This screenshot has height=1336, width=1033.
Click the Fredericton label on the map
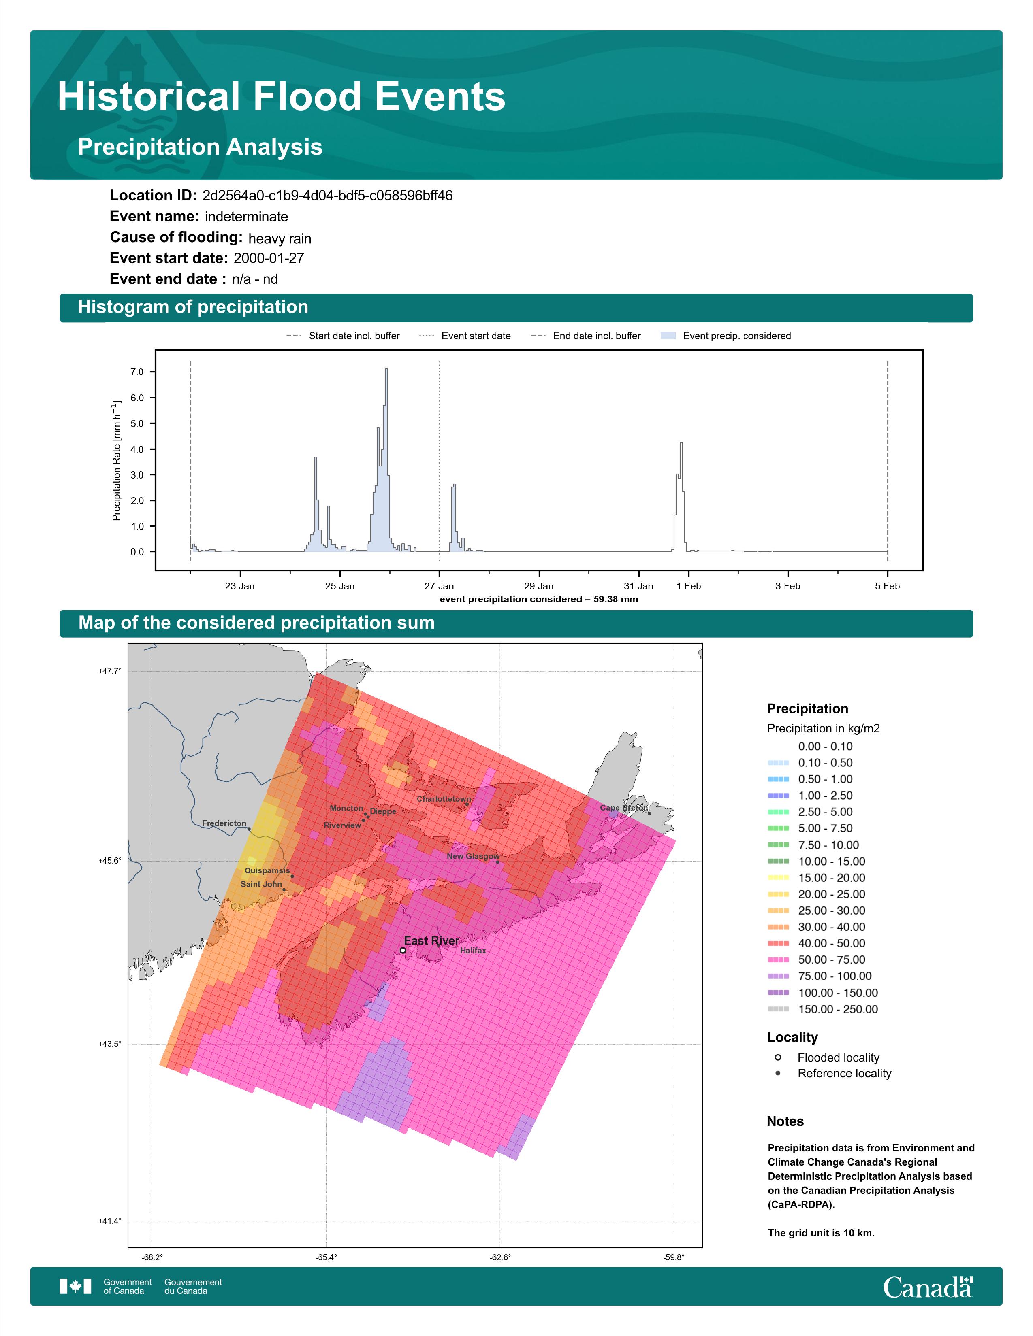(224, 823)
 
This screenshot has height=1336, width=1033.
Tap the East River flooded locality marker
(403, 951)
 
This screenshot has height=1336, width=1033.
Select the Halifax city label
(473, 951)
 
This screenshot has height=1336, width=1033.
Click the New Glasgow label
(473, 856)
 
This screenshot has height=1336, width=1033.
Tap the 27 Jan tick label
(440, 586)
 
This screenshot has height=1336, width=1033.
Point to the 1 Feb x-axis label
(688, 586)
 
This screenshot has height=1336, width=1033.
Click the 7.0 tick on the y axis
(137, 372)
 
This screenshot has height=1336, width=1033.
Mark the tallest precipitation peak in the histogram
(386, 370)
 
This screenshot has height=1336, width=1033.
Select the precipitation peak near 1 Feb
(681, 443)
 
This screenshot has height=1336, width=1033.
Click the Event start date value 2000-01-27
(269, 258)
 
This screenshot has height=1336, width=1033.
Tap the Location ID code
(327, 196)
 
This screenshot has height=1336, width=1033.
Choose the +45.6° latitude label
(110, 861)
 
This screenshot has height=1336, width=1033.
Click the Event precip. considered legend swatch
(668, 336)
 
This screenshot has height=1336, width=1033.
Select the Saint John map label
(261, 884)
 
